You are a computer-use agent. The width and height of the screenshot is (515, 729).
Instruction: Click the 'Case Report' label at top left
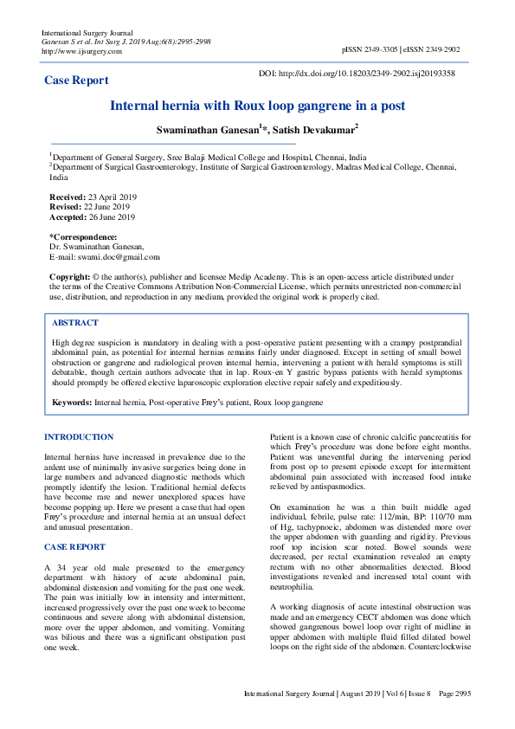pos(76,81)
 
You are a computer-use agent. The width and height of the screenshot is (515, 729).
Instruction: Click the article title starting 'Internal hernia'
pos(257,106)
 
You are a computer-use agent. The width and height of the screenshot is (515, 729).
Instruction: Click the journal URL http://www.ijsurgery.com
pos(81,51)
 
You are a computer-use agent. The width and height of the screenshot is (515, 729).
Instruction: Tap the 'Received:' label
pos(68,197)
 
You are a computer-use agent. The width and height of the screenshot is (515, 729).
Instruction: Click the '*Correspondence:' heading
pos(83,237)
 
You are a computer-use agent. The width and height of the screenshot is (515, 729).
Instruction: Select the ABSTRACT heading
pos(75,322)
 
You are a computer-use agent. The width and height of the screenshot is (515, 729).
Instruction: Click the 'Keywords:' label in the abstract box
pos(72,403)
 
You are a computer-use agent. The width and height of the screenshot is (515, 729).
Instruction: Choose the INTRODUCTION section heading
pos(79,437)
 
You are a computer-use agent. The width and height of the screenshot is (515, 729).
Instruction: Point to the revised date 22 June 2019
pos(106,208)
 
